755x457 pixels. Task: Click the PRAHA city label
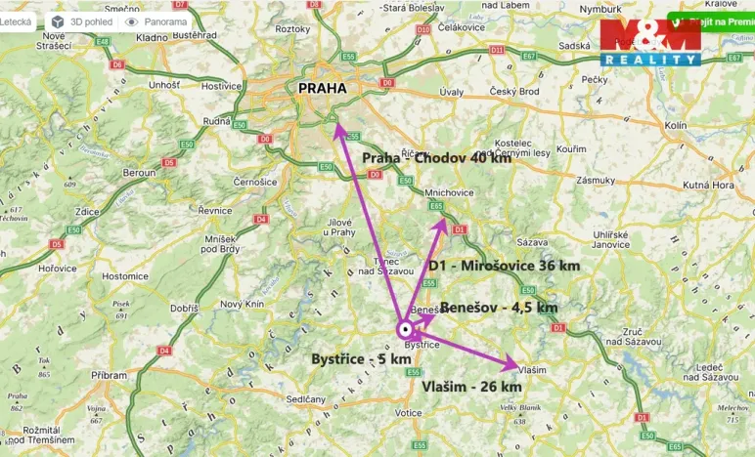pyautogui.click(x=322, y=88)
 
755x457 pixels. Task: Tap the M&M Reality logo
pyautogui.click(x=650, y=42)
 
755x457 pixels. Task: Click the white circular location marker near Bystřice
pyautogui.click(x=405, y=330)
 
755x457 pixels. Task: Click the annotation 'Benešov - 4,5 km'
pyautogui.click(x=499, y=307)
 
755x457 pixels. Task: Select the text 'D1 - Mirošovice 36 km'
pyautogui.click(x=504, y=265)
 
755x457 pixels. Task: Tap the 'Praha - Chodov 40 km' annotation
pyautogui.click(x=436, y=158)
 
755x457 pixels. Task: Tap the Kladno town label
pyautogui.click(x=152, y=36)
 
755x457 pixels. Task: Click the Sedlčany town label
pyautogui.click(x=305, y=399)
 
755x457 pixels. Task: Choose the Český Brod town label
pyautogui.click(x=514, y=92)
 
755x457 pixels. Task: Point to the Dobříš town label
pyautogui.click(x=184, y=308)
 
